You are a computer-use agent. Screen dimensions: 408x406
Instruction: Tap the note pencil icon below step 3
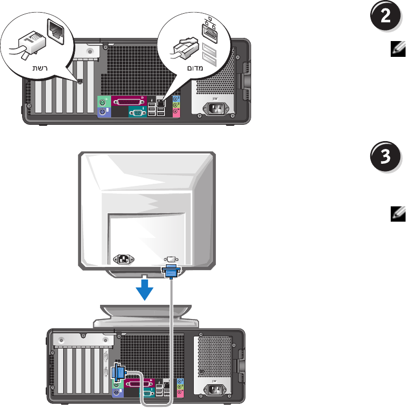click(398, 214)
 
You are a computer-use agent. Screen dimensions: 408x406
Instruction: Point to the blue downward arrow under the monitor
click(145, 289)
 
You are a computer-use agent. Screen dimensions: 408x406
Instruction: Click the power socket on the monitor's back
click(124, 259)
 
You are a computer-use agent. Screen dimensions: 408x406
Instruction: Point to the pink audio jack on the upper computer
click(175, 112)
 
